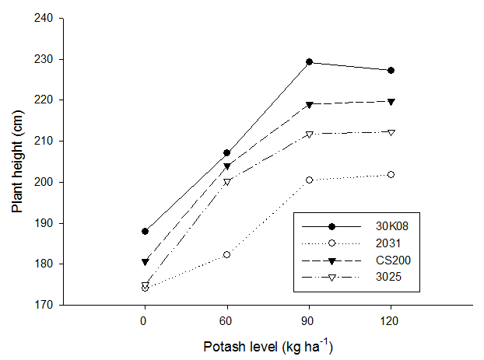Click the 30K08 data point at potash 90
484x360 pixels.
point(309,62)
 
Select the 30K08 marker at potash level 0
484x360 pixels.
point(144,231)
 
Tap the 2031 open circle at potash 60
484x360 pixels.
point(226,254)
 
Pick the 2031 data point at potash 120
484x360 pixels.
point(391,174)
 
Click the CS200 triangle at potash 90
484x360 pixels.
point(309,104)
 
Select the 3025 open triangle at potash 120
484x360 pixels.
point(391,132)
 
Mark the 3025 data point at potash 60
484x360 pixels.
point(226,182)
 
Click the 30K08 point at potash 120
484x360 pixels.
point(391,70)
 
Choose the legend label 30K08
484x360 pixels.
point(390,226)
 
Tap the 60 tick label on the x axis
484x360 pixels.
point(226,319)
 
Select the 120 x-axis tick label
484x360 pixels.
point(391,319)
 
